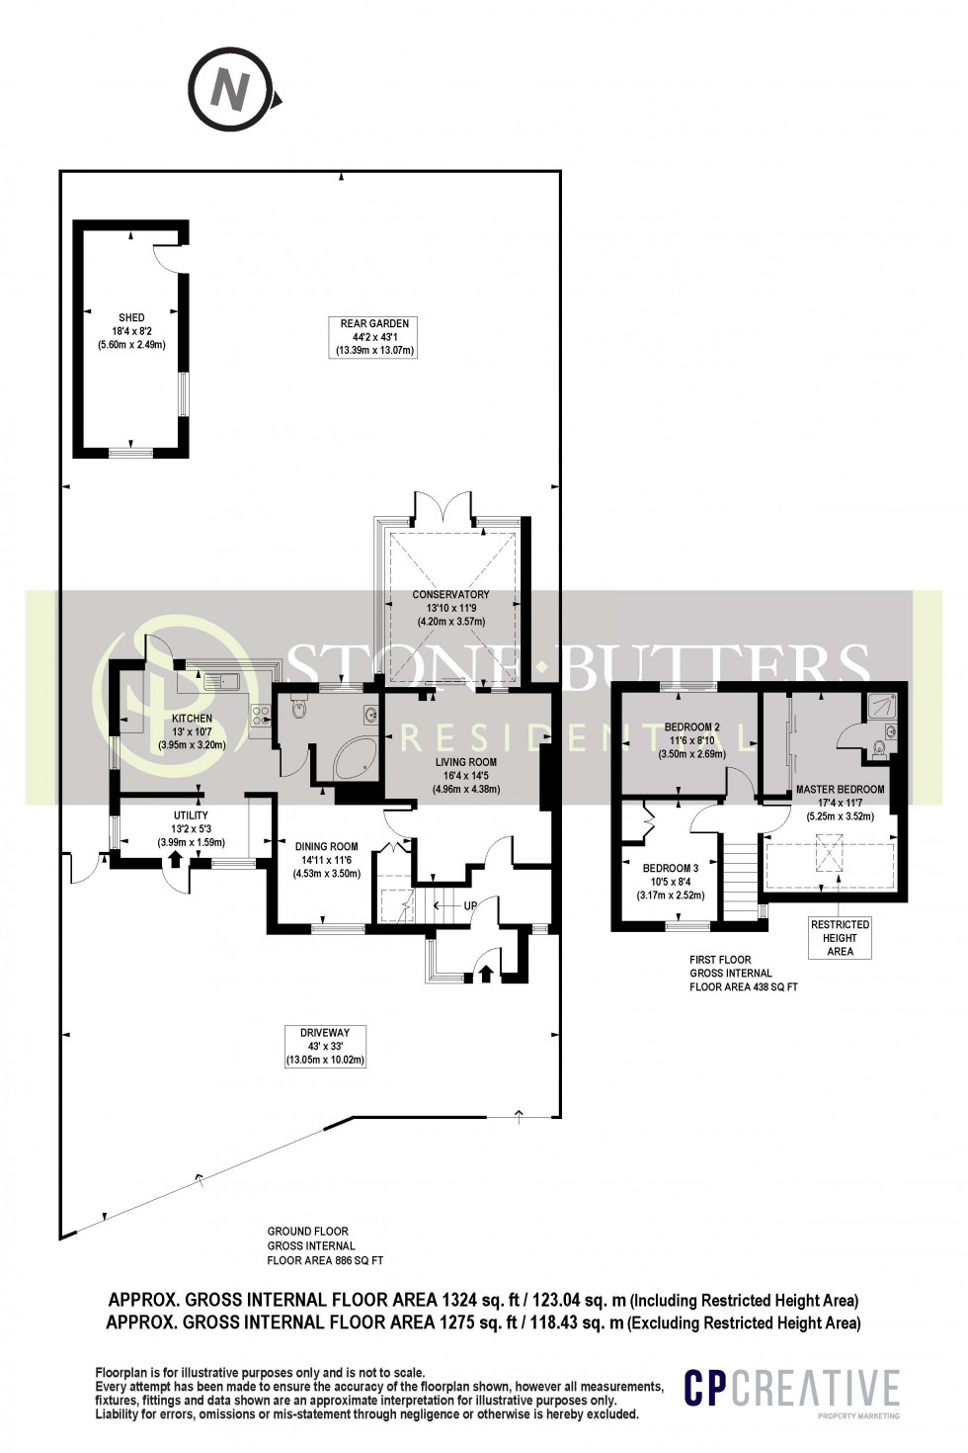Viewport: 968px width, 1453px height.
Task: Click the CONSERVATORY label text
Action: [x=450, y=595]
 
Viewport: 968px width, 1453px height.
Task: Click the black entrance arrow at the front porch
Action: [x=485, y=974]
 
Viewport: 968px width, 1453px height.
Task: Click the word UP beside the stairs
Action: [x=470, y=905]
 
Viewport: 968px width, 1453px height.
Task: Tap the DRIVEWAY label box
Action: [x=325, y=1046]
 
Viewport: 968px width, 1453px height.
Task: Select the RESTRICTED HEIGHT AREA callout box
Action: [x=840, y=938]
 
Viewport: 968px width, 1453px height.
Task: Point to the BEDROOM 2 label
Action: [x=691, y=727]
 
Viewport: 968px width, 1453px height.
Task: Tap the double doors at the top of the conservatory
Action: [x=444, y=505]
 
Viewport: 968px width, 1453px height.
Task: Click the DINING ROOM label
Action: [x=327, y=846]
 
